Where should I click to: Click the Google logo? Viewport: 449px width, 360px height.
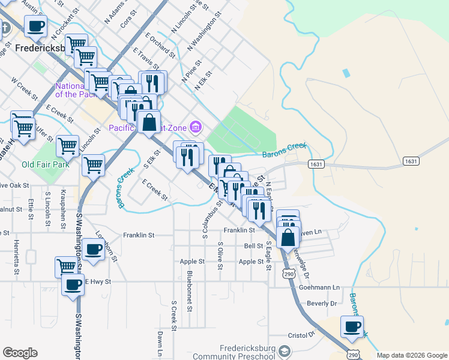point(20,353)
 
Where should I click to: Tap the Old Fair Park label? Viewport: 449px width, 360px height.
point(45,164)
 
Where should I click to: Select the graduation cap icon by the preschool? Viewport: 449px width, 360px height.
point(285,351)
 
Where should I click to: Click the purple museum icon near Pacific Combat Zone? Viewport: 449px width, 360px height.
point(195,127)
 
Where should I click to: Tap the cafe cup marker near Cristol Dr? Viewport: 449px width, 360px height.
point(352,328)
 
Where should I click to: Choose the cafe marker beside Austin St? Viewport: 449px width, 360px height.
point(35,26)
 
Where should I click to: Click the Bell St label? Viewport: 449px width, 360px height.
point(253,246)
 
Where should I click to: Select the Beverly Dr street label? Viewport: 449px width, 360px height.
point(322,304)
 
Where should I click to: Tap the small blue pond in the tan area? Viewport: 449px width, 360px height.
point(345,73)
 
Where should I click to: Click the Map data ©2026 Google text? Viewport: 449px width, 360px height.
point(412,355)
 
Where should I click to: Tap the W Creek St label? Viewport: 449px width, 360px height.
point(24,91)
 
